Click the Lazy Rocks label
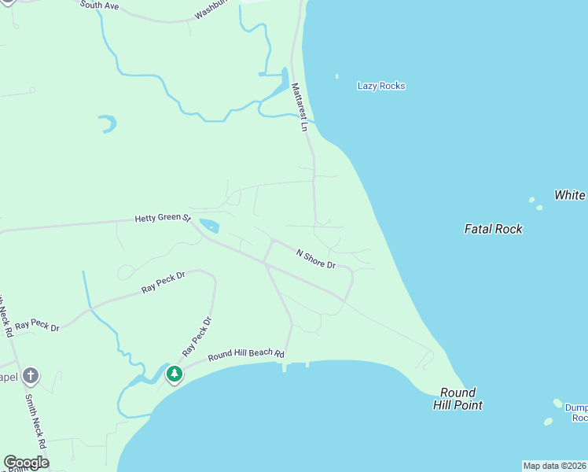381,86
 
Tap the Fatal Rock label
494,229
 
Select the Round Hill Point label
458,399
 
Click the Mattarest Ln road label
300,107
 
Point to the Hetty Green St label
163,218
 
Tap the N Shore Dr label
315,259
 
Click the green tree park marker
174,374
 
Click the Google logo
26,463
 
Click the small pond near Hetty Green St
209,226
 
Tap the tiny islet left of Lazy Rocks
337,76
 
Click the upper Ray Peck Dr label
163,282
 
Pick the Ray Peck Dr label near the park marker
197,335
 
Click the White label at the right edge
570,195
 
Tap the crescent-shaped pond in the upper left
108,124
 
